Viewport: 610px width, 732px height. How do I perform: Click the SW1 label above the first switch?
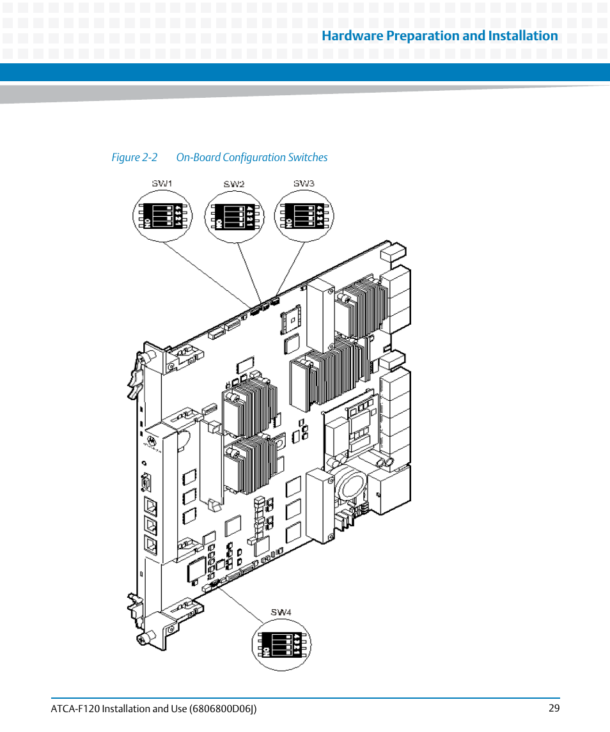coord(162,184)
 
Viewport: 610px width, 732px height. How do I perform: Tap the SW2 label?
coord(234,184)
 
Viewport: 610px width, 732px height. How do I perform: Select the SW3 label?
coord(304,183)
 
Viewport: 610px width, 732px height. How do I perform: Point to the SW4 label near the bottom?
coord(281,612)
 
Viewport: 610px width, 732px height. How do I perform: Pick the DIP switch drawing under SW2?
coord(233,215)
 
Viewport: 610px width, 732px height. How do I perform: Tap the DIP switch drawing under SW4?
coord(281,642)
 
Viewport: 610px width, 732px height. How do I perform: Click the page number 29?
coord(554,708)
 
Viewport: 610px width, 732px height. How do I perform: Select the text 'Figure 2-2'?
coord(134,157)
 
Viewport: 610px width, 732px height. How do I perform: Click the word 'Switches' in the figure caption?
coord(308,157)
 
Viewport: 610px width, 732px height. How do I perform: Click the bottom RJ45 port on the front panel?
coord(152,545)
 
